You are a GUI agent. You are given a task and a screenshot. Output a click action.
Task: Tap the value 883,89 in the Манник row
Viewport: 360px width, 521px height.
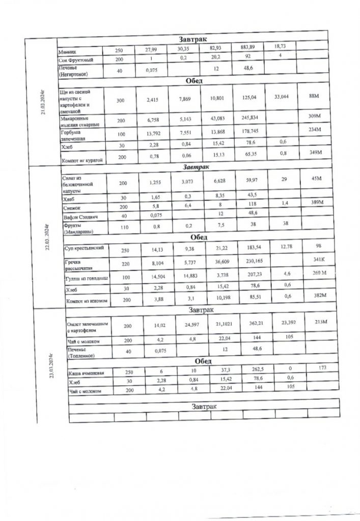pos(247,47)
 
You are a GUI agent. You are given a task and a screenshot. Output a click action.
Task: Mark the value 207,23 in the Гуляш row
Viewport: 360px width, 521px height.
pos(247,276)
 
